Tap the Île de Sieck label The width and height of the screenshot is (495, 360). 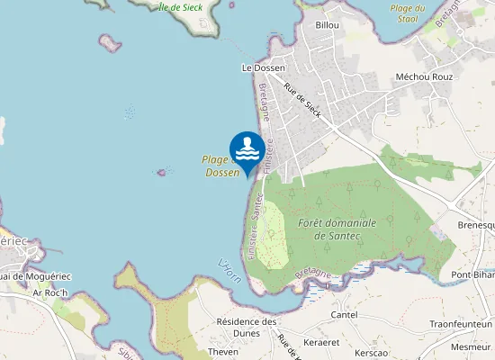(180, 7)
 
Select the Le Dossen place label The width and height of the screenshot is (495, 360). (263, 67)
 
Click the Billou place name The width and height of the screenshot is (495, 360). (328, 25)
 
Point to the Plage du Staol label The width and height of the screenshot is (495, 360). (408, 13)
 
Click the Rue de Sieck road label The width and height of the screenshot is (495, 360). (302, 101)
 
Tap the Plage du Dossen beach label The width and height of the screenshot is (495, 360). (220, 166)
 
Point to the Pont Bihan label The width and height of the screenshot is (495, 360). (472, 274)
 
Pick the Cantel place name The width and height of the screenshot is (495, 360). (344, 315)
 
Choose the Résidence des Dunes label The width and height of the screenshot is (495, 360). (246, 327)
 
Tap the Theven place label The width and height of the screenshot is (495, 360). (223, 352)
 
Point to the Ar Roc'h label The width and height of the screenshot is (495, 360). (49, 292)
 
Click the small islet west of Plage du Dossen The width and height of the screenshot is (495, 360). (163, 172)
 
